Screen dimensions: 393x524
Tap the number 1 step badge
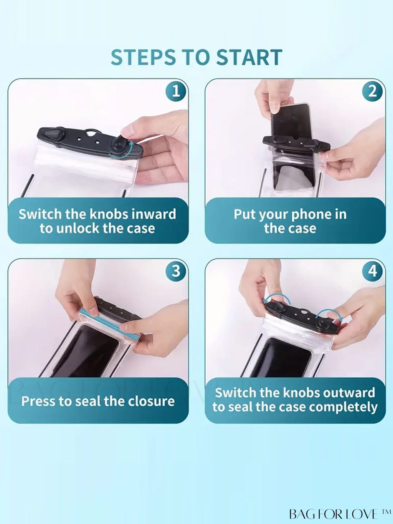point(176,91)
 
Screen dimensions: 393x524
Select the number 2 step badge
point(373,91)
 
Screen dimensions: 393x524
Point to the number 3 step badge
point(176,270)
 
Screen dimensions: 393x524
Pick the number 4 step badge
point(373,270)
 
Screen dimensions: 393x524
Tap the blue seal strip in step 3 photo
point(109,321)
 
